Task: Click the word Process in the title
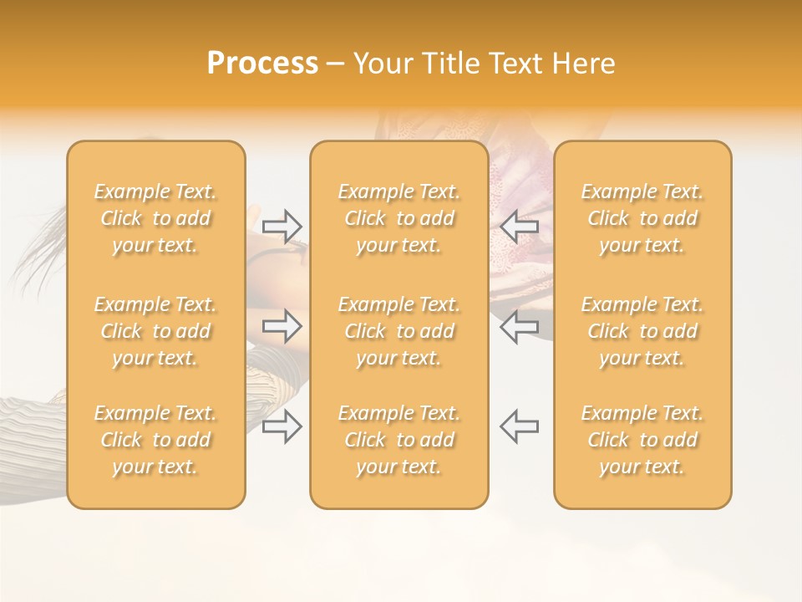[x=262, y=64]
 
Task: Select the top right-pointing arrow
[x=282, y=225]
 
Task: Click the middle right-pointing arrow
[x=282, y=326]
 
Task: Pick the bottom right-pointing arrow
[x=282, y=426]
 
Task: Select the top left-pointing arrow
[x=519, y=225]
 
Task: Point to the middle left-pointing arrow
[x=519, y=326]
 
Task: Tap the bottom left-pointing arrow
[x=519, y=426]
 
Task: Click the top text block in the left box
[x=155, y=218]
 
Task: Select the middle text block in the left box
[x=155, y=331]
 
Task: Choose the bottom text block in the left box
[x=155, y=440]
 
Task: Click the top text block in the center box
[x=399, y=218]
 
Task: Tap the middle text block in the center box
[x=399, y=331]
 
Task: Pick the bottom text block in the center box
[x=399, y=440]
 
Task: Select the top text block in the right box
[x=642, y=218]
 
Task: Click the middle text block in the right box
[x=642, y=331]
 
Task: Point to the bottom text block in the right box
[x=642, y=440]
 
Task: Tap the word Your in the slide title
[x=383, y=64]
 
